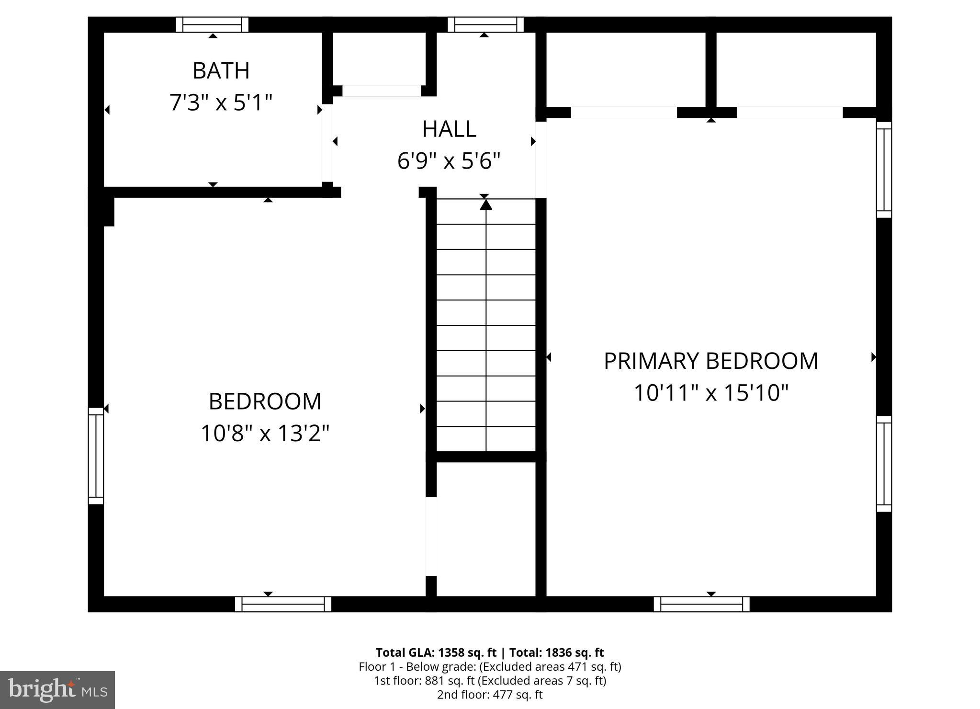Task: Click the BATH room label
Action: (221, 71)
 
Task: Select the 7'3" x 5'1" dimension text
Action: (221, 103)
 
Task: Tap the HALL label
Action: (449, 129)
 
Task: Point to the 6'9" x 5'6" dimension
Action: (449, 161)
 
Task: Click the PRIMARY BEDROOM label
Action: (710, 361)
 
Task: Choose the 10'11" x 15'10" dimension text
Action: (710, 393)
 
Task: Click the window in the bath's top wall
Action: (212, 24)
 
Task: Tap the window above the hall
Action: (485, 24)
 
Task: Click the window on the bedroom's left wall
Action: (96, 456)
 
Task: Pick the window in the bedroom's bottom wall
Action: (283, 604)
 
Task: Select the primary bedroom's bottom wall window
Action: (701, 604)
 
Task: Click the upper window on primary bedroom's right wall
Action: (884, 170)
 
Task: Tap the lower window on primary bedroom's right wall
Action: (884, 463)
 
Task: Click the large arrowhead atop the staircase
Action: (486, 205)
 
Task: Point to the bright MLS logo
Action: (57, 690)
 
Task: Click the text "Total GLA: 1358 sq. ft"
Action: (436, 652)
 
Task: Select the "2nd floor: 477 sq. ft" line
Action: (490, 695)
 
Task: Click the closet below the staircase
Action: (485, 529)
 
